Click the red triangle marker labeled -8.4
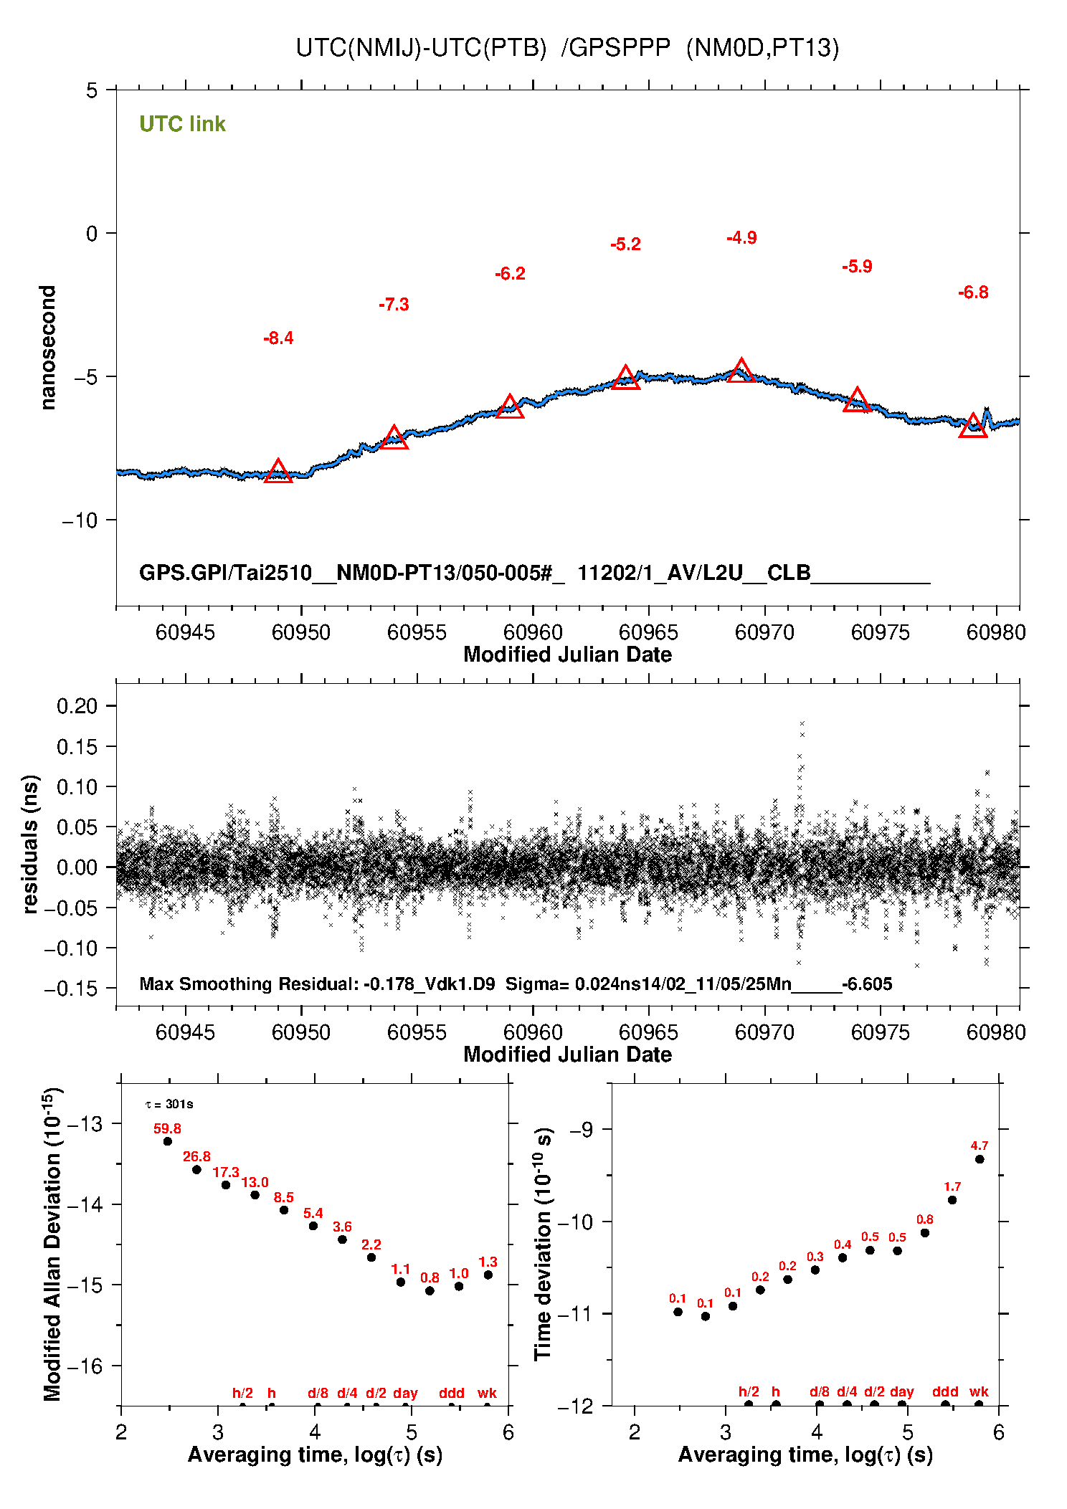278,472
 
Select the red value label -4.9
741,238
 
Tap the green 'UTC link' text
182,124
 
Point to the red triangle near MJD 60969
741,372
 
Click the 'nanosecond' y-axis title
48,348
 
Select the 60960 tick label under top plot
533,632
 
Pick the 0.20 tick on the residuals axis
77,706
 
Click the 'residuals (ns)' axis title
30,844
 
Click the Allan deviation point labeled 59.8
168,1141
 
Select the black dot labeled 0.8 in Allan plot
430,1291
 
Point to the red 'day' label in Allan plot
405,1393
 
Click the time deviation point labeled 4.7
980,1159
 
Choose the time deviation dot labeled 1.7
952,1200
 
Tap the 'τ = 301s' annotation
169,1104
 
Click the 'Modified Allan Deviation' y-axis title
52,1244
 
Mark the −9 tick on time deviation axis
582,1130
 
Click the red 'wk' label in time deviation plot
979,1391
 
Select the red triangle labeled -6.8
973,427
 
